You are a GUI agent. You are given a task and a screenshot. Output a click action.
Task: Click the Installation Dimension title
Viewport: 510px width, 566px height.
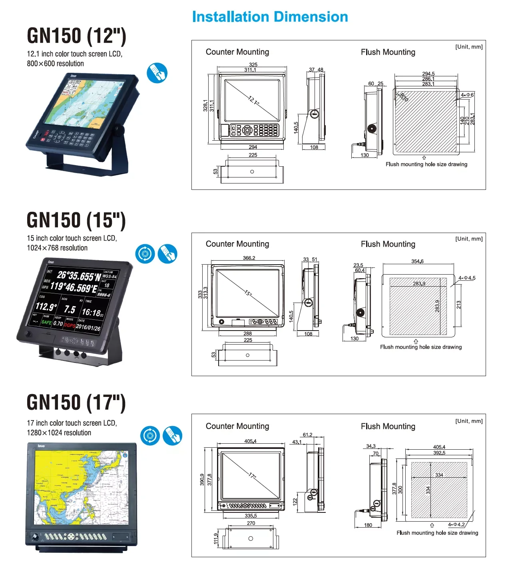(x=270, y=17)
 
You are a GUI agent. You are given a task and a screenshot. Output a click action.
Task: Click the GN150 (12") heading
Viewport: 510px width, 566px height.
(x=76, y=36)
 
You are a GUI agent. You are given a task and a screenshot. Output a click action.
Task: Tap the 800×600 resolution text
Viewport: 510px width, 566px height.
(x=55, y=64)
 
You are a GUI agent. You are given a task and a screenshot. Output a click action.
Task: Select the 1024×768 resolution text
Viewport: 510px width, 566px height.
(x=57, y=248)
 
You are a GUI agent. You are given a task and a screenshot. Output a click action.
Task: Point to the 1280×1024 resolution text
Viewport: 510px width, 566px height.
(x=59, y=433)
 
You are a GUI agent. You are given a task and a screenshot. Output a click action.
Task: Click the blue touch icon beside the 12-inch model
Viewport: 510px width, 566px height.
(x=157, y=73)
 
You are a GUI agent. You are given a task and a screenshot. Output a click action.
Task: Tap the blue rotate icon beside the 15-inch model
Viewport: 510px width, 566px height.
(x=145, y=254)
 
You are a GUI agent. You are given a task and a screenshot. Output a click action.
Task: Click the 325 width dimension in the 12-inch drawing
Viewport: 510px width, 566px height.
(x=253, y=64)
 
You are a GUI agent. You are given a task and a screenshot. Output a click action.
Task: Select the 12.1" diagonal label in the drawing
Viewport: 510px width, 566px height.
(x=253, y=100)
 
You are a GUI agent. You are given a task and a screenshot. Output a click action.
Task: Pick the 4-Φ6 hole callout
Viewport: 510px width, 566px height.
(x=467, y=95)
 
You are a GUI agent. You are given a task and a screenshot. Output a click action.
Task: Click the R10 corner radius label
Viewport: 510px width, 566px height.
(x=404, y=97)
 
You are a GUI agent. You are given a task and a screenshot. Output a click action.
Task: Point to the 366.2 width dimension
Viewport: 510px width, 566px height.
(x=249, y=258)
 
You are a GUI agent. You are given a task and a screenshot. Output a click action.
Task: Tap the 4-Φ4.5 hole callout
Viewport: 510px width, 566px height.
(x=467, y=278)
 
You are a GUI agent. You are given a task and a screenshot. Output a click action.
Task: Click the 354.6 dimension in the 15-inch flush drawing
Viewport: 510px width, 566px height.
(x=417, y=261)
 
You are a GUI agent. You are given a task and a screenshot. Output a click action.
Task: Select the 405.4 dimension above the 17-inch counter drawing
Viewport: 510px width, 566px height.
(x=250, y=441)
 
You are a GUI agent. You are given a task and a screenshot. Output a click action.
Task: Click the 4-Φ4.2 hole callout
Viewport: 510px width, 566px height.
(x=456, y=524)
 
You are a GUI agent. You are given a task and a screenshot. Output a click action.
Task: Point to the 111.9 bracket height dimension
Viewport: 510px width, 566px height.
(x=216, y=539)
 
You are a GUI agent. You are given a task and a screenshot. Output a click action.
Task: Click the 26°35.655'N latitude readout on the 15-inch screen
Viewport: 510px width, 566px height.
(x=79, y=276)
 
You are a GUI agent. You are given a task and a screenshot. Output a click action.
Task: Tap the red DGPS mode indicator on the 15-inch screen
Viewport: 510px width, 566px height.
(x=70, y=325)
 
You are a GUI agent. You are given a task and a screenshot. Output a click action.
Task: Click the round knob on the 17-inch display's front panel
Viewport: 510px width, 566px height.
(x=35, y=536)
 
